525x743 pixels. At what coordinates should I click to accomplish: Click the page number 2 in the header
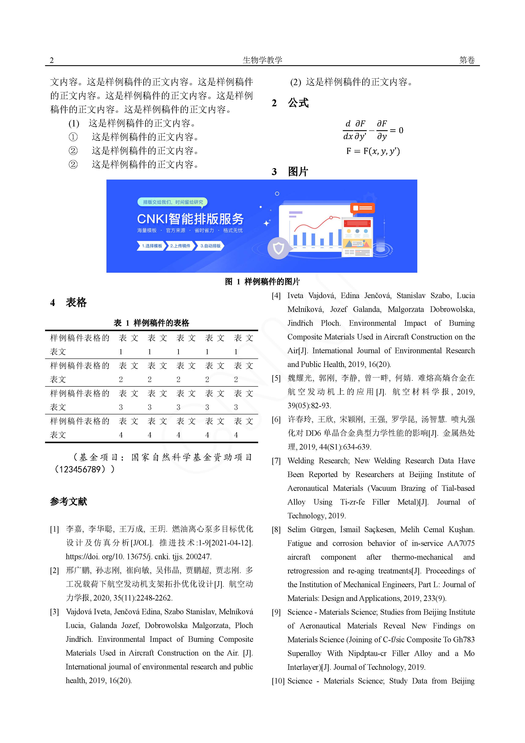point(52,60)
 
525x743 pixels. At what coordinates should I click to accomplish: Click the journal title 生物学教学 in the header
point(262,60)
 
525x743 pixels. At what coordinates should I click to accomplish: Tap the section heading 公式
point(298,103)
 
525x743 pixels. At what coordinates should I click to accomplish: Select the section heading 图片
point(298,172)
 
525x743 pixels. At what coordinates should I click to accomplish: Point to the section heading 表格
point(76,303)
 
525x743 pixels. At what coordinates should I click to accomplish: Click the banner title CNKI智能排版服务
point(190,219)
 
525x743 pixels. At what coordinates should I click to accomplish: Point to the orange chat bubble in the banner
point(362,208)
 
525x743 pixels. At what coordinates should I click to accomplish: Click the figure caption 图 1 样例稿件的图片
point(262,282)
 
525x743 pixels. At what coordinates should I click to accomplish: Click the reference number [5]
point(276,378)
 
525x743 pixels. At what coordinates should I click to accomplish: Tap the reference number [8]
point(276,530)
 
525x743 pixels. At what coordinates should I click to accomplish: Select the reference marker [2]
point(54,570)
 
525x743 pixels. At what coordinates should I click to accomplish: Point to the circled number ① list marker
point(73,137)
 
